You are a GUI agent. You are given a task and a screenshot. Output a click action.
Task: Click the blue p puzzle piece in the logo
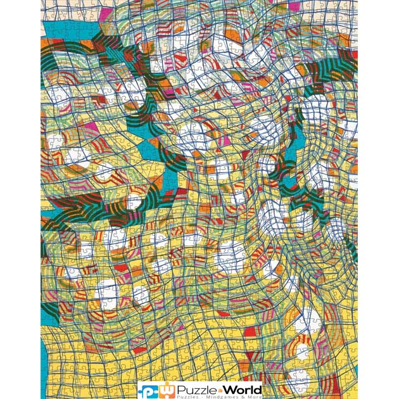148,389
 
